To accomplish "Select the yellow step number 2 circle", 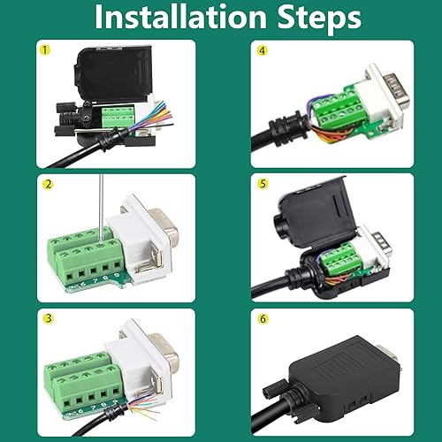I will click(45, 184).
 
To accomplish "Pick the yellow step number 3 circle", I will click(45, 318).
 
